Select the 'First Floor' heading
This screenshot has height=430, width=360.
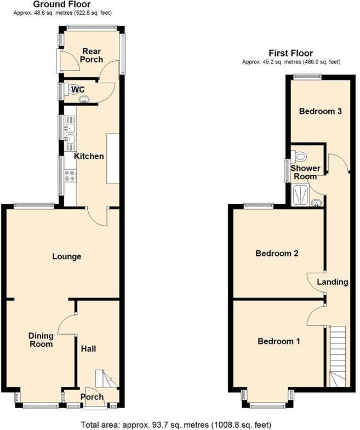(290, 53)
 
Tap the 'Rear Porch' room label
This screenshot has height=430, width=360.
(92, 55)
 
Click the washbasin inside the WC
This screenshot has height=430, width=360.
(84, 99)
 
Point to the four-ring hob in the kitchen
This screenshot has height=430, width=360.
(70, 176)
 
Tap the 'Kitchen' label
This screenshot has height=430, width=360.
(89, 156)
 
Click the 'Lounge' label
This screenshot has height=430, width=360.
(67, 256)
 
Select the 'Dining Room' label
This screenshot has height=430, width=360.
(41, 340)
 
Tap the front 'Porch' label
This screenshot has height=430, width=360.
(91, 396)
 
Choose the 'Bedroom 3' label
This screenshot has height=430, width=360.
(321, 111)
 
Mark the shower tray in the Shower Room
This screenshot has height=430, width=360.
(300, 195)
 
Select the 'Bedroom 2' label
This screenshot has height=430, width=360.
(277, 254)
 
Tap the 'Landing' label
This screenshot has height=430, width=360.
(333, 282)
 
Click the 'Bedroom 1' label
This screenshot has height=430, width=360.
(279, 341)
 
